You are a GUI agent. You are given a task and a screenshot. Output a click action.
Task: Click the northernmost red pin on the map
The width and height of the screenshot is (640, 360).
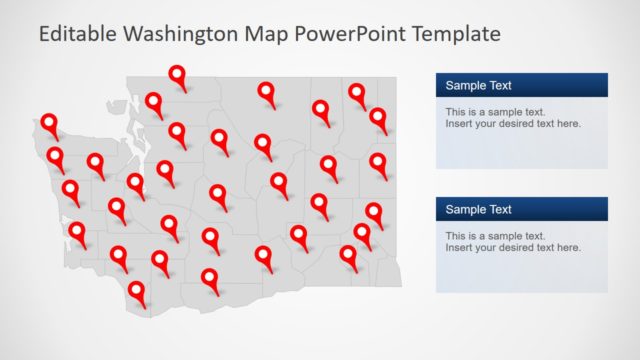click(177, 75)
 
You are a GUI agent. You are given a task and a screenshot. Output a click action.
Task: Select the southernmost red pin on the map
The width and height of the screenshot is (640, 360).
click(137, 292)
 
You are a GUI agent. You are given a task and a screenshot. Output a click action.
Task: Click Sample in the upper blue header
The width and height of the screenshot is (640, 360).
click(466, 86)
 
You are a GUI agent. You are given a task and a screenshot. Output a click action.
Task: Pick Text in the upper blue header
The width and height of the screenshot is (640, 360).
click(500, 86)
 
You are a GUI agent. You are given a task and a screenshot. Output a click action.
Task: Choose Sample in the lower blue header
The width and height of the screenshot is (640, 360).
click(466, 210)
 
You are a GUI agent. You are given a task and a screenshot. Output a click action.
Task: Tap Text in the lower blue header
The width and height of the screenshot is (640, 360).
click(500, 210)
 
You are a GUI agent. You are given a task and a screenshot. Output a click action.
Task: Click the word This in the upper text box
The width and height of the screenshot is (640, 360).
click(456, 112)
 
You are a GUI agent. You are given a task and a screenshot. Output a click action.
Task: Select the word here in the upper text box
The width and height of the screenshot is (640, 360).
click(568, 124)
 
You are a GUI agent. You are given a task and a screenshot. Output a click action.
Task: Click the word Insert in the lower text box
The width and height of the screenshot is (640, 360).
click(460, 247)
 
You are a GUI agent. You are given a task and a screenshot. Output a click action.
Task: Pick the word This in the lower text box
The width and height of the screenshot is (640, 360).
click(456, 235)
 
